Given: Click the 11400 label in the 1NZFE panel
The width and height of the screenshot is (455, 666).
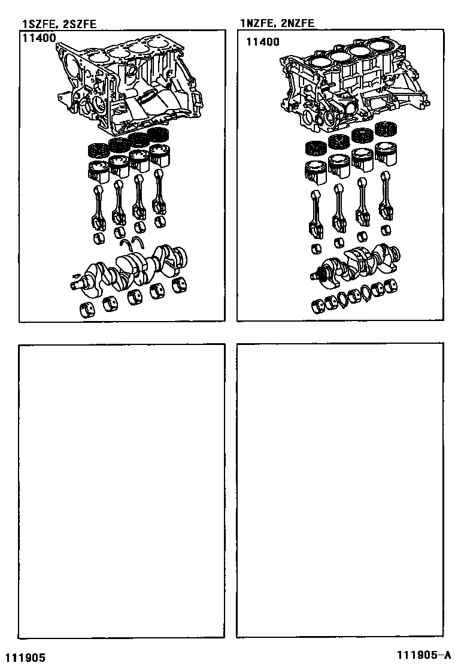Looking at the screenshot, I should pos(263,42).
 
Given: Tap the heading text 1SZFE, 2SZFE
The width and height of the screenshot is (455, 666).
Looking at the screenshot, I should pos(59,24).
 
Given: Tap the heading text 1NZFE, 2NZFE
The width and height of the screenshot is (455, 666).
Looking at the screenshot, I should pos(277,24).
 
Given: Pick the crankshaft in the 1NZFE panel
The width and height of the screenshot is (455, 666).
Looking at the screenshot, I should pos(353,264).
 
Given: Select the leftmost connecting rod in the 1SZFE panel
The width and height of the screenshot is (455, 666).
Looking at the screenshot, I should pos(98,207).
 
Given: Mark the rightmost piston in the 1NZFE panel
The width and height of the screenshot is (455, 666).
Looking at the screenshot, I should pos(386,152).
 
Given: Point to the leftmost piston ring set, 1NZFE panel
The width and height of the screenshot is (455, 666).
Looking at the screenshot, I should pos(316,147).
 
